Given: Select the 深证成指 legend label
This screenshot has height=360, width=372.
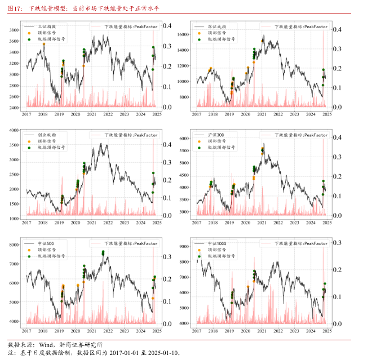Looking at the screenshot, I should coord(216,26).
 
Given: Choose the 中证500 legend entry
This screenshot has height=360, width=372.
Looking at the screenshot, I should coord(45,244).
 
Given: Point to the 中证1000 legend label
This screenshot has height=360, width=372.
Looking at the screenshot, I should coord(216,244).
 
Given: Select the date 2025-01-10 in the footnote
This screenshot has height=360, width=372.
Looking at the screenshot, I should coord(162,353).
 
